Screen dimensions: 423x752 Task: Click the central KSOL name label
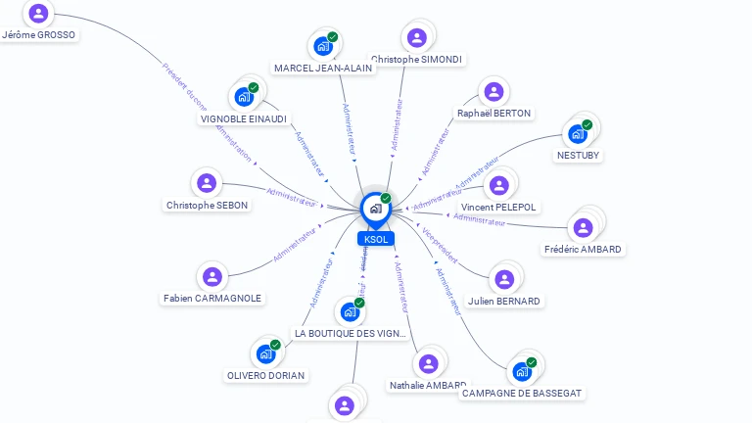[376, 239]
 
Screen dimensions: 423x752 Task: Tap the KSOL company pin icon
[375, 209]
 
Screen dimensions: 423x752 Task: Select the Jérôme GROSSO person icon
[38, 14]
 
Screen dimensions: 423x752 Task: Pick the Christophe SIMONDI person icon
[417, 38]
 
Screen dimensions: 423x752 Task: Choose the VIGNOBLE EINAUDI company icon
[244, 97]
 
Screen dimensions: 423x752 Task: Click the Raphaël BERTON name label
[493, 114]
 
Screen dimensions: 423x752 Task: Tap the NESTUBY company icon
[578, 133]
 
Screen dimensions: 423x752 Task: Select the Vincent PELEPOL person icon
[499, 185]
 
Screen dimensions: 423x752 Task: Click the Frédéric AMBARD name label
[583, 250]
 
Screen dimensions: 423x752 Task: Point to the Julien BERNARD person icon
[504, 280]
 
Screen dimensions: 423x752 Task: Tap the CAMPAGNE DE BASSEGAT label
[521, 394]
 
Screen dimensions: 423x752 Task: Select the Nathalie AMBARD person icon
[428, 364]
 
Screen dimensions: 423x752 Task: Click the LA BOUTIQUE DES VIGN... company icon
[350, 312]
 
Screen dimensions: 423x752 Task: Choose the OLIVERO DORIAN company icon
[265, 353]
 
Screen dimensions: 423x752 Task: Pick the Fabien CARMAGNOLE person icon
[211, 277]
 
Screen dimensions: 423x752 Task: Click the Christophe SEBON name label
[207, 206]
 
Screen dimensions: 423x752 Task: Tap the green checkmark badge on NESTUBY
[587, 124]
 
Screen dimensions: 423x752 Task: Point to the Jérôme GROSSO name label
[39, 35]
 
